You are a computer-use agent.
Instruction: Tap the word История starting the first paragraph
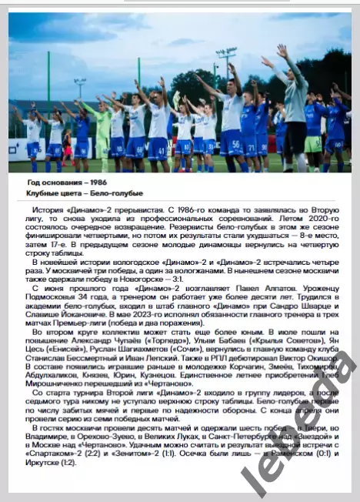[x=48, y=210]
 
